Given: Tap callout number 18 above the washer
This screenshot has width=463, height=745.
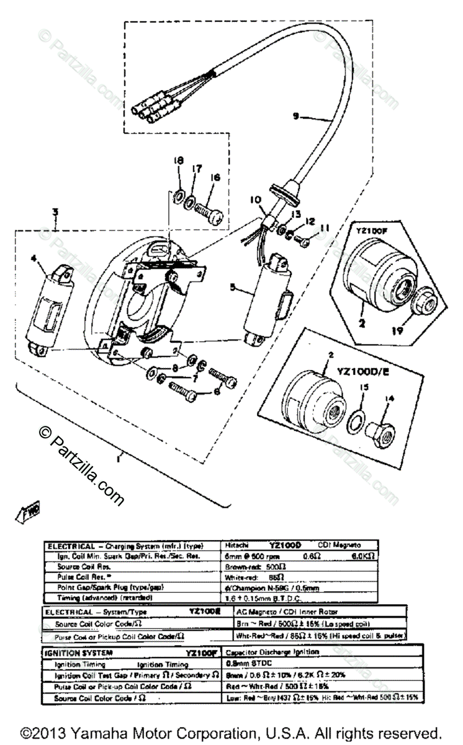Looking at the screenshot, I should coord(179,161).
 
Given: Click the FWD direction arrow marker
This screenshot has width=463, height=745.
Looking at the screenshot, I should coord(23,512).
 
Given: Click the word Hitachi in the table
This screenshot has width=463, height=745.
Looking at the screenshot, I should coord(238,546).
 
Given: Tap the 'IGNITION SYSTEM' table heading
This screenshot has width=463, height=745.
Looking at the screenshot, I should coord(73,652).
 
